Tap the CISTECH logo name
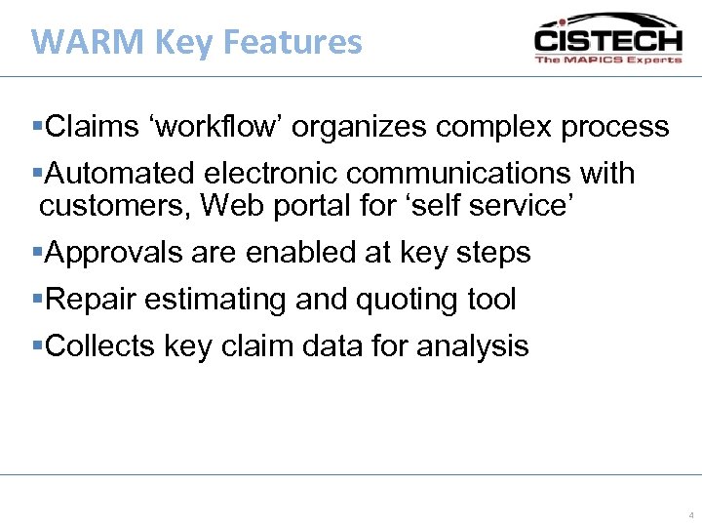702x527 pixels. pyautogui.click(x=606, y=40)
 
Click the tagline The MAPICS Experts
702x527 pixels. pyautogui.click(x=607, y=60)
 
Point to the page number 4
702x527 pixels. pyautogui.click(x=690, y=514)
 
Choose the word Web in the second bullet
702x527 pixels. pyautogui.click(x=228, y=205)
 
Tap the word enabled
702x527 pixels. pyautogui.click(x=302, y=253)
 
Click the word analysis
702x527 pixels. pyautogui.click(x=473, y=345)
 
